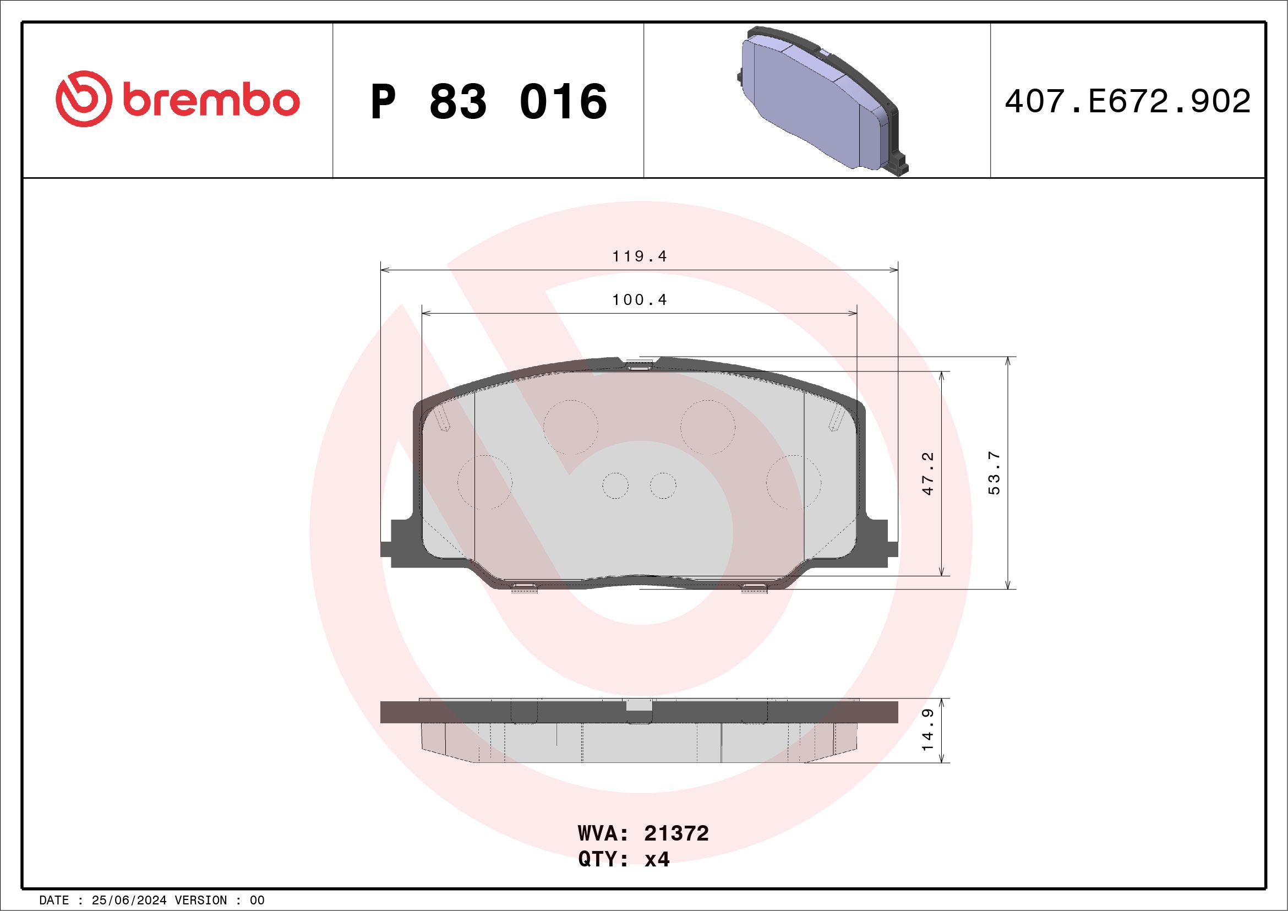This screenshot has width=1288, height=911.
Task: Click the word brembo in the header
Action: pyautogui.click(x=210, y=101)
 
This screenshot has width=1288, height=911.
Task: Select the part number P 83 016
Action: pyautogui.click(x=489, y=101)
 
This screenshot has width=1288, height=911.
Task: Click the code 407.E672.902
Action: pyautogui.click(x=1128, y=101)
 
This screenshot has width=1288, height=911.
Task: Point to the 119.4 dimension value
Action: pyautogui.click(x=640, y=257)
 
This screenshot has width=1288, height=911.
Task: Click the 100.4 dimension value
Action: pyautogui.click(x=640, y=300)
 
